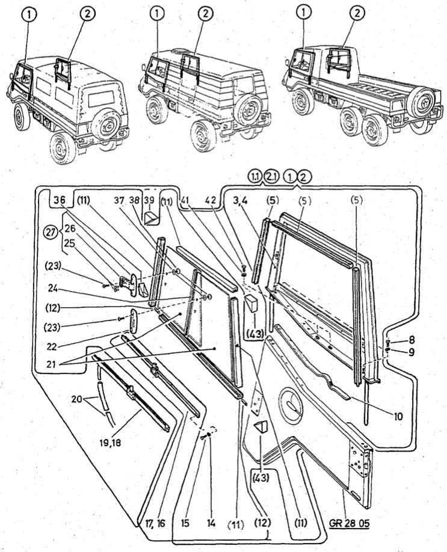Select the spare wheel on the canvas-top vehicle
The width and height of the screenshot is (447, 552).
pos(108,123)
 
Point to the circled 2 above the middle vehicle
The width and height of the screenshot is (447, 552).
pos(205,13)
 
